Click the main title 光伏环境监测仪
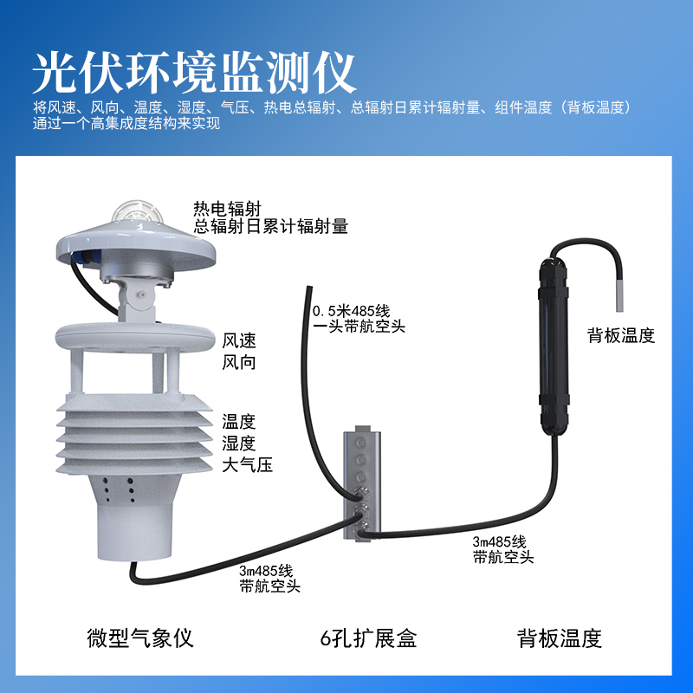click(x=194, y=73)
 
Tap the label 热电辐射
click(x=227, y=209)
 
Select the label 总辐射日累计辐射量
click(x=271, y=226)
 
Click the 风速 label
click(x=239, y=340)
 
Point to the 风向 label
click(x=239, y=362)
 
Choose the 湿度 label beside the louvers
click(x=239, y=443)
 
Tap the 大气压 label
click(x=247, y=465)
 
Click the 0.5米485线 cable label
click(x=352, y=311)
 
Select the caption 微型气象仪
click(x=140, y=638)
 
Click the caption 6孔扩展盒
click(x=368, y=638)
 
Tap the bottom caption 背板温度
click(x=560, y=638)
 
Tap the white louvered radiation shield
click(x=134, y=434)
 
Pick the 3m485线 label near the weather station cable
click(x=266, y=571)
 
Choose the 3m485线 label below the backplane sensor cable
click(x=499, y=541)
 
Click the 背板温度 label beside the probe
click(x=621, y=335)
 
